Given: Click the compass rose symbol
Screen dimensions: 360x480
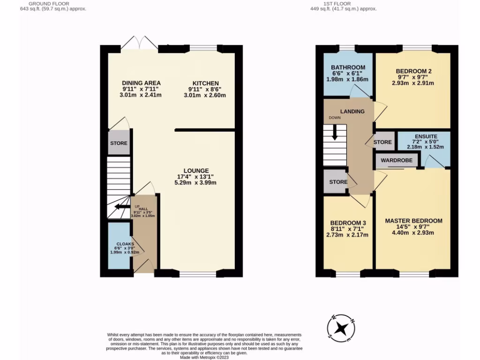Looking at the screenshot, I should [344, 326].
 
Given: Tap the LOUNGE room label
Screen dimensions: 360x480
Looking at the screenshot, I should [196, 170].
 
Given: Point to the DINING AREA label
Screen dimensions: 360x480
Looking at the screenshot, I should [141, 83].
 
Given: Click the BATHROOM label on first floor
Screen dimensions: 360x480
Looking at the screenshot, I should [348, 67].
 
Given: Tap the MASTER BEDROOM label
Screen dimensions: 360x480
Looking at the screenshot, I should [413, 220].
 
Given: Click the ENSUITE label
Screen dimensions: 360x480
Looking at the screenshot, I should [426, 136].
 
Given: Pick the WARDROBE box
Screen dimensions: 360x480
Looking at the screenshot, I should [397, 160].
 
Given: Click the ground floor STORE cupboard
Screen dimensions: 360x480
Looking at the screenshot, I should [119, 143].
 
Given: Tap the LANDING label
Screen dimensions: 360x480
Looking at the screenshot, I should [352, 112].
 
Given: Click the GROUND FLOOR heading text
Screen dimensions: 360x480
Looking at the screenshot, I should [51, 3].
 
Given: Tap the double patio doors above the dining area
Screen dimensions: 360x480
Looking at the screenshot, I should [142, 43].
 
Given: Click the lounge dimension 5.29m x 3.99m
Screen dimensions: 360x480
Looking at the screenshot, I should [196, 183].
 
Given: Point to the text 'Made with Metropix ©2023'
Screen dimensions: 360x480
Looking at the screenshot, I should [204, 357].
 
